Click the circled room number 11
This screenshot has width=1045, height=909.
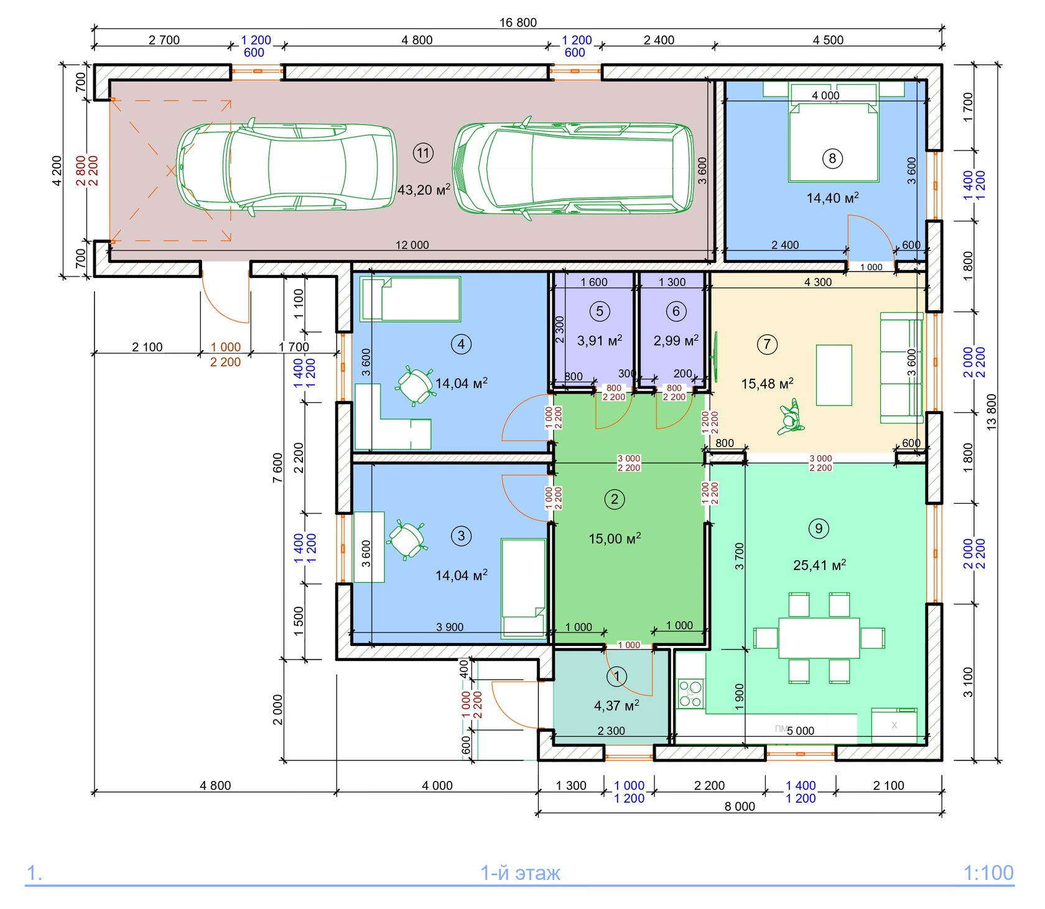[x=423, y=153]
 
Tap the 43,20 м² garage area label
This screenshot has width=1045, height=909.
[x=424, y=190]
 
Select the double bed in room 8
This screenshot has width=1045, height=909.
[x=834, y=142]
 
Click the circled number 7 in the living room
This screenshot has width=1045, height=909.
[x=767, y=344]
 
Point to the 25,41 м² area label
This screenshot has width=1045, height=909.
[x=820, y=565]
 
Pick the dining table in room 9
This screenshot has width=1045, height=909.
[x=819, y=638]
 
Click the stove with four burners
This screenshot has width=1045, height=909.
[x=690, y=694]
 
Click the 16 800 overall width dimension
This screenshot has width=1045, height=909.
[x=518, y=22]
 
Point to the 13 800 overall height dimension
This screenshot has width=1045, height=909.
[x=992, y=412]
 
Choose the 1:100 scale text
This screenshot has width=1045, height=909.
[x=988, y=873]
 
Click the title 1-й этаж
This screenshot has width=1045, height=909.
[x=520, y=873]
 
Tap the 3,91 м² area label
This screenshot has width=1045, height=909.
[x=600, y=341]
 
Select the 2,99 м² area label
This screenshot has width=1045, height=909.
[x=676, y=341]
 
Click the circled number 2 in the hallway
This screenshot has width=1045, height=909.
[x=615, y=499]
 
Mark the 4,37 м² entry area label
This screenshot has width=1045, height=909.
[x=616, y=706]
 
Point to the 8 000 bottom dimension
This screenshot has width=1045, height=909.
[x=740, y=806]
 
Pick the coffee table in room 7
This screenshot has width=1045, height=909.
[x=834, y=376]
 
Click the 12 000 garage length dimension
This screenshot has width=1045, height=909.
[x=412, y=245]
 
